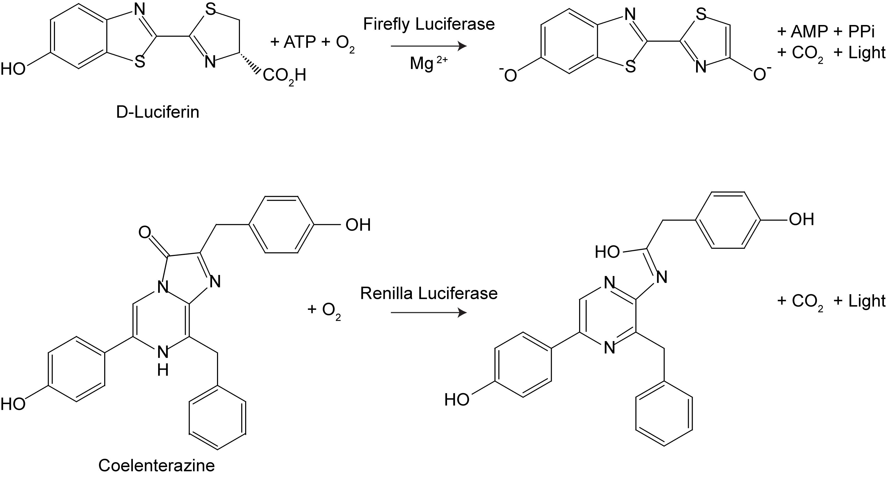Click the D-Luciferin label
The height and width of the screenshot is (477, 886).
pos(158,112)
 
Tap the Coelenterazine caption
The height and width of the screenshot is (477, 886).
pos(157,465)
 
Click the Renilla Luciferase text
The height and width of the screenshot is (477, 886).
pos(429,293)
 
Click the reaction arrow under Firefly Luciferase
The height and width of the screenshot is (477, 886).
pos(429,46)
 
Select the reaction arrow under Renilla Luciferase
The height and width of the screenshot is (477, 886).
pos(429,313)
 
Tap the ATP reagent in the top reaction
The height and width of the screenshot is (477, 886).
pos(300,42)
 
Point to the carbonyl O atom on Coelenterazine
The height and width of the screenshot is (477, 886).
pos(145,232)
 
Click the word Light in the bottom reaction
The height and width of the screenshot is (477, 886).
pos(866,301)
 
